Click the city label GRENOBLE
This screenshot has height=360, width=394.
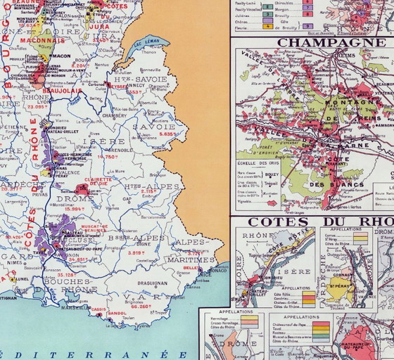tap(121, 150)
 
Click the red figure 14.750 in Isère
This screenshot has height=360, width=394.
tap(106, 157)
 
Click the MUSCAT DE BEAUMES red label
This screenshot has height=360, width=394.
tap(94, 229)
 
